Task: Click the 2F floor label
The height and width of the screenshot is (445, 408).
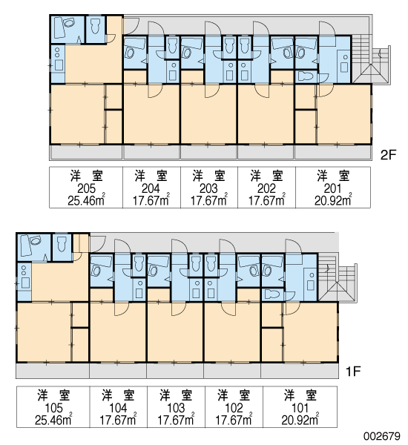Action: tap(388, 155)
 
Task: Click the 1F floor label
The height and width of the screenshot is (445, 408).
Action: tap(353, 371)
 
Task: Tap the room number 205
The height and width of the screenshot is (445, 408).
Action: tap(86, 188)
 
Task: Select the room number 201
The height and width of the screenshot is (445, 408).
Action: tap(333, 188)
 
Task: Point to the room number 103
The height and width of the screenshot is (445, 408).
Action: tap(176, 408)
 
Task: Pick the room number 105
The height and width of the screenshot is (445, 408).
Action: tap(53, 408)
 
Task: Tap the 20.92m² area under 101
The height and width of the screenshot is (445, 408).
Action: tap(300, 420)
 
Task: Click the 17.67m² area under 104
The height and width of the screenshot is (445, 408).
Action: tap(118, 420)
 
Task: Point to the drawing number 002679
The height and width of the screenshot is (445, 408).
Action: tap(383, 436)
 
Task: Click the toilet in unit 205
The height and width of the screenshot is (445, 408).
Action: tap(96, 27)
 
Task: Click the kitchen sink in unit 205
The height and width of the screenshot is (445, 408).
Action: tap(59, 65)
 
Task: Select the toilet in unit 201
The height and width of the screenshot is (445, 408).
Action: tap(306, 76)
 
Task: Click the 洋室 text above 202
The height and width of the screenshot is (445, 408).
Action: tap(266, 177)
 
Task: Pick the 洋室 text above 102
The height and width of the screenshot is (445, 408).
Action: tap(234, 395)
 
